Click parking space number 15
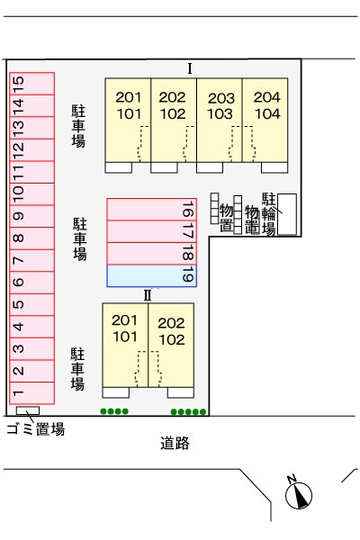click(31, 83)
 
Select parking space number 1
click(31, 391)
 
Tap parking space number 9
click(31, 216)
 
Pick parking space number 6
click(31, 282)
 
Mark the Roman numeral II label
click(147, 294)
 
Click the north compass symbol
click(299, 494)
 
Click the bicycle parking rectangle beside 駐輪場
click(287, 214)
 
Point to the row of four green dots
click(114, 412)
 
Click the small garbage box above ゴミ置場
click(28, 411)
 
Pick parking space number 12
click(31, 148)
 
